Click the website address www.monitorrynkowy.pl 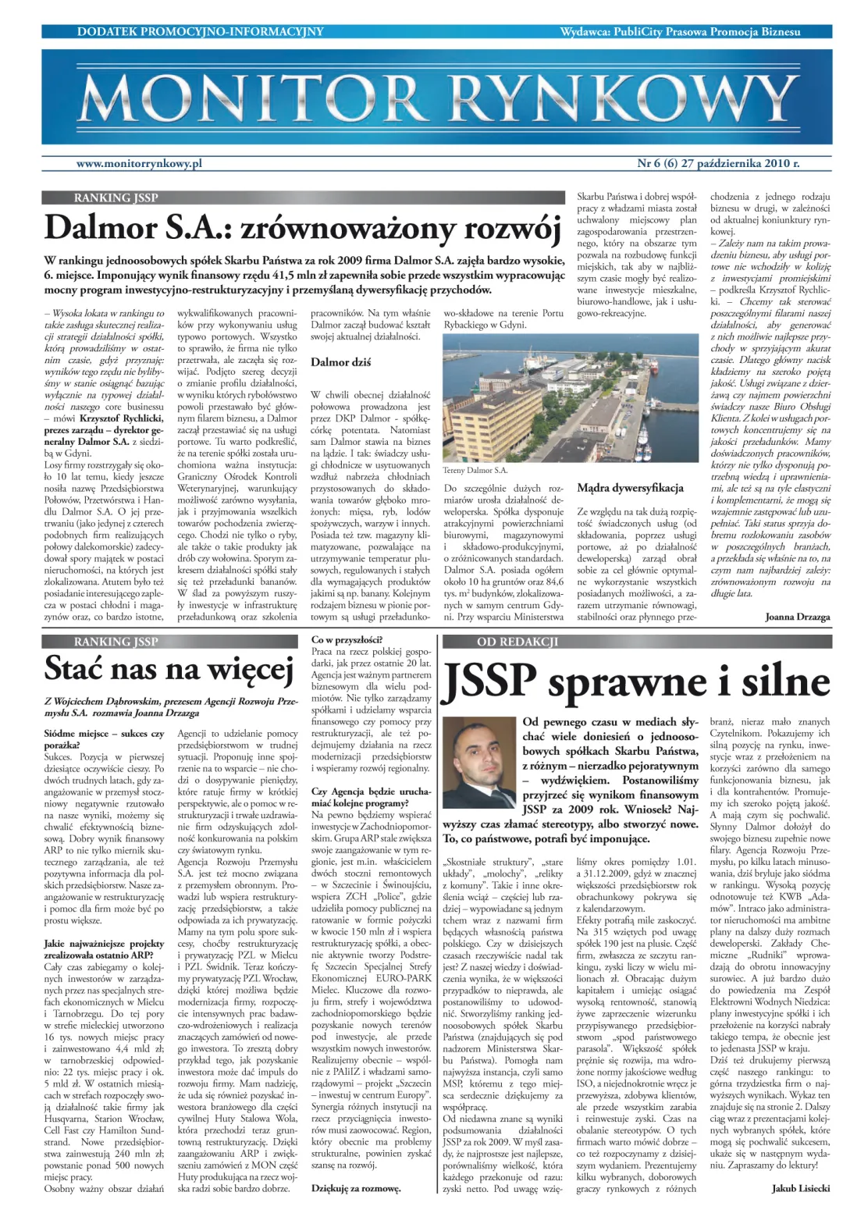click(x=139, y=164)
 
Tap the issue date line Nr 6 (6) click(x=718, y=164)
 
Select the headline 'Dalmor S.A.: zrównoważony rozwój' click(x=303, y=229)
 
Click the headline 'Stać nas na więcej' click(x=169, y=669)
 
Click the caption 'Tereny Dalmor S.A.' click(x=475, y=471)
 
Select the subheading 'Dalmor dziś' click(x=340, y=362)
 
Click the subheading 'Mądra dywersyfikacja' click(x=630, y=489)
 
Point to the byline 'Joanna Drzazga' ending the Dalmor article click(x=797, y=617)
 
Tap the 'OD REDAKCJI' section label click(x=518, y=642)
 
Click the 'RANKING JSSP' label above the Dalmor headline click(x=116, y=198)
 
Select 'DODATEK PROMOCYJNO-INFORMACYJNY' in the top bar click(x=200, y=32)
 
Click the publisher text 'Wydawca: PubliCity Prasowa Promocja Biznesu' click(x=680, y=32)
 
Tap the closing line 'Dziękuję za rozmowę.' click(x=356, y=1188)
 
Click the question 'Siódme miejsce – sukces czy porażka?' click(x=104, y=739)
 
